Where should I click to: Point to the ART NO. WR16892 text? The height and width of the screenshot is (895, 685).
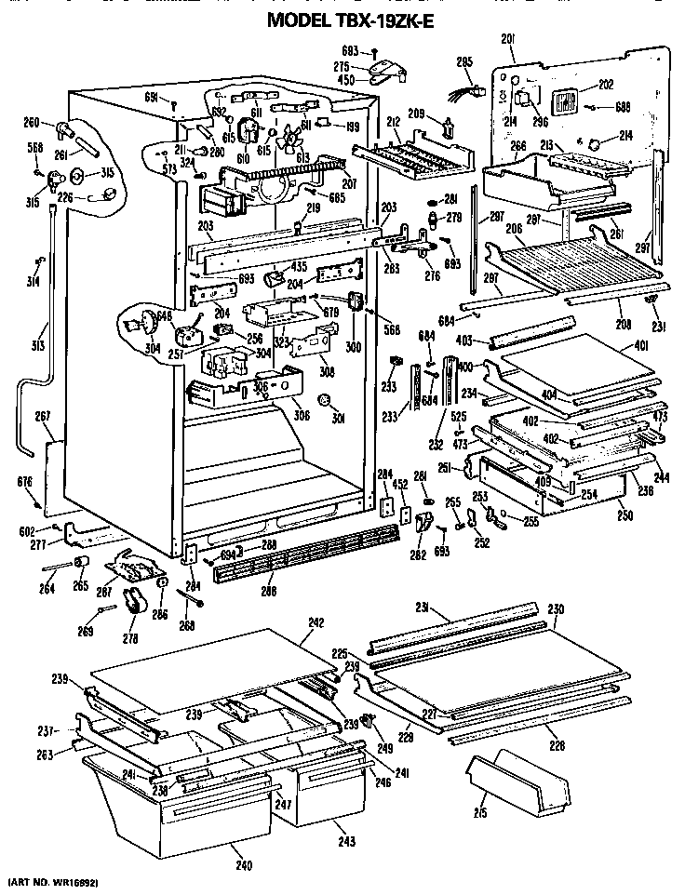click(53, 880)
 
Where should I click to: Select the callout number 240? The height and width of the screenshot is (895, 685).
click(244, 866)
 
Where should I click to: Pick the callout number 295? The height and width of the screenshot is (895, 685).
click(464, 62)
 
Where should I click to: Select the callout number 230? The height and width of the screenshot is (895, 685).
click(556, 610)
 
